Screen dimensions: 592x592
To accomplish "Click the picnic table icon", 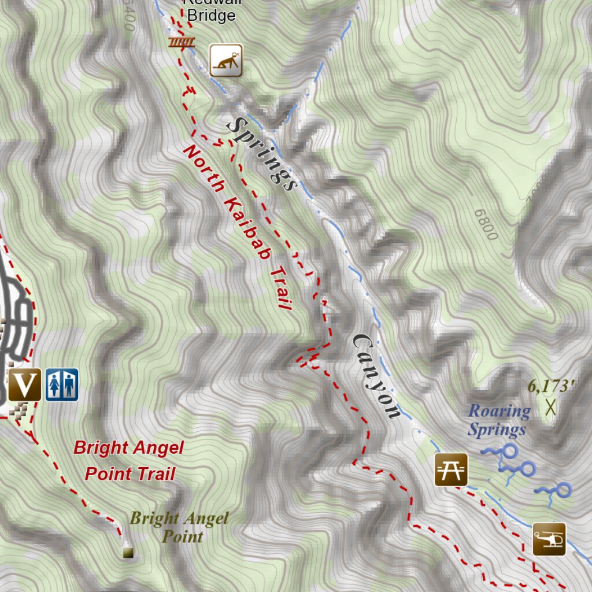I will [451, 469].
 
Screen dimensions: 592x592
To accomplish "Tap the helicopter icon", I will [549, 539].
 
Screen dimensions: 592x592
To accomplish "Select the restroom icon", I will [62, 384].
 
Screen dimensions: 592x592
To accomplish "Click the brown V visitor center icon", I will [25, 384].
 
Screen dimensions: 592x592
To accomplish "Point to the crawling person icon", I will [225, 60].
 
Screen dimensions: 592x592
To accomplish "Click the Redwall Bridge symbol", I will [182, 42].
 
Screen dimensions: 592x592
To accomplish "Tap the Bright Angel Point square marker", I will [128, 553].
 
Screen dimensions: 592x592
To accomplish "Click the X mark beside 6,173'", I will [550, 407].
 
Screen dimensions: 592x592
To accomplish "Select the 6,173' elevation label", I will [551, 386].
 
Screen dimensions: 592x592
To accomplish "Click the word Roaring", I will [499, 411].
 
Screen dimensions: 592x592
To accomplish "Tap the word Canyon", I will [376, 376].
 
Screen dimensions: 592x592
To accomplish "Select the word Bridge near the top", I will [212, 16].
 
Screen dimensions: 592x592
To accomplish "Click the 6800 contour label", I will [485, 225].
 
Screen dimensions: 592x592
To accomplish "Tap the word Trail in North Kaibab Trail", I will [280, 288].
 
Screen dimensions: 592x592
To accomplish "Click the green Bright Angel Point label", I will [179, 527].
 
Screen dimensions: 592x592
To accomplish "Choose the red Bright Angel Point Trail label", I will [129, 461].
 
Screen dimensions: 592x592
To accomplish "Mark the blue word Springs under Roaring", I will [497, 430].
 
